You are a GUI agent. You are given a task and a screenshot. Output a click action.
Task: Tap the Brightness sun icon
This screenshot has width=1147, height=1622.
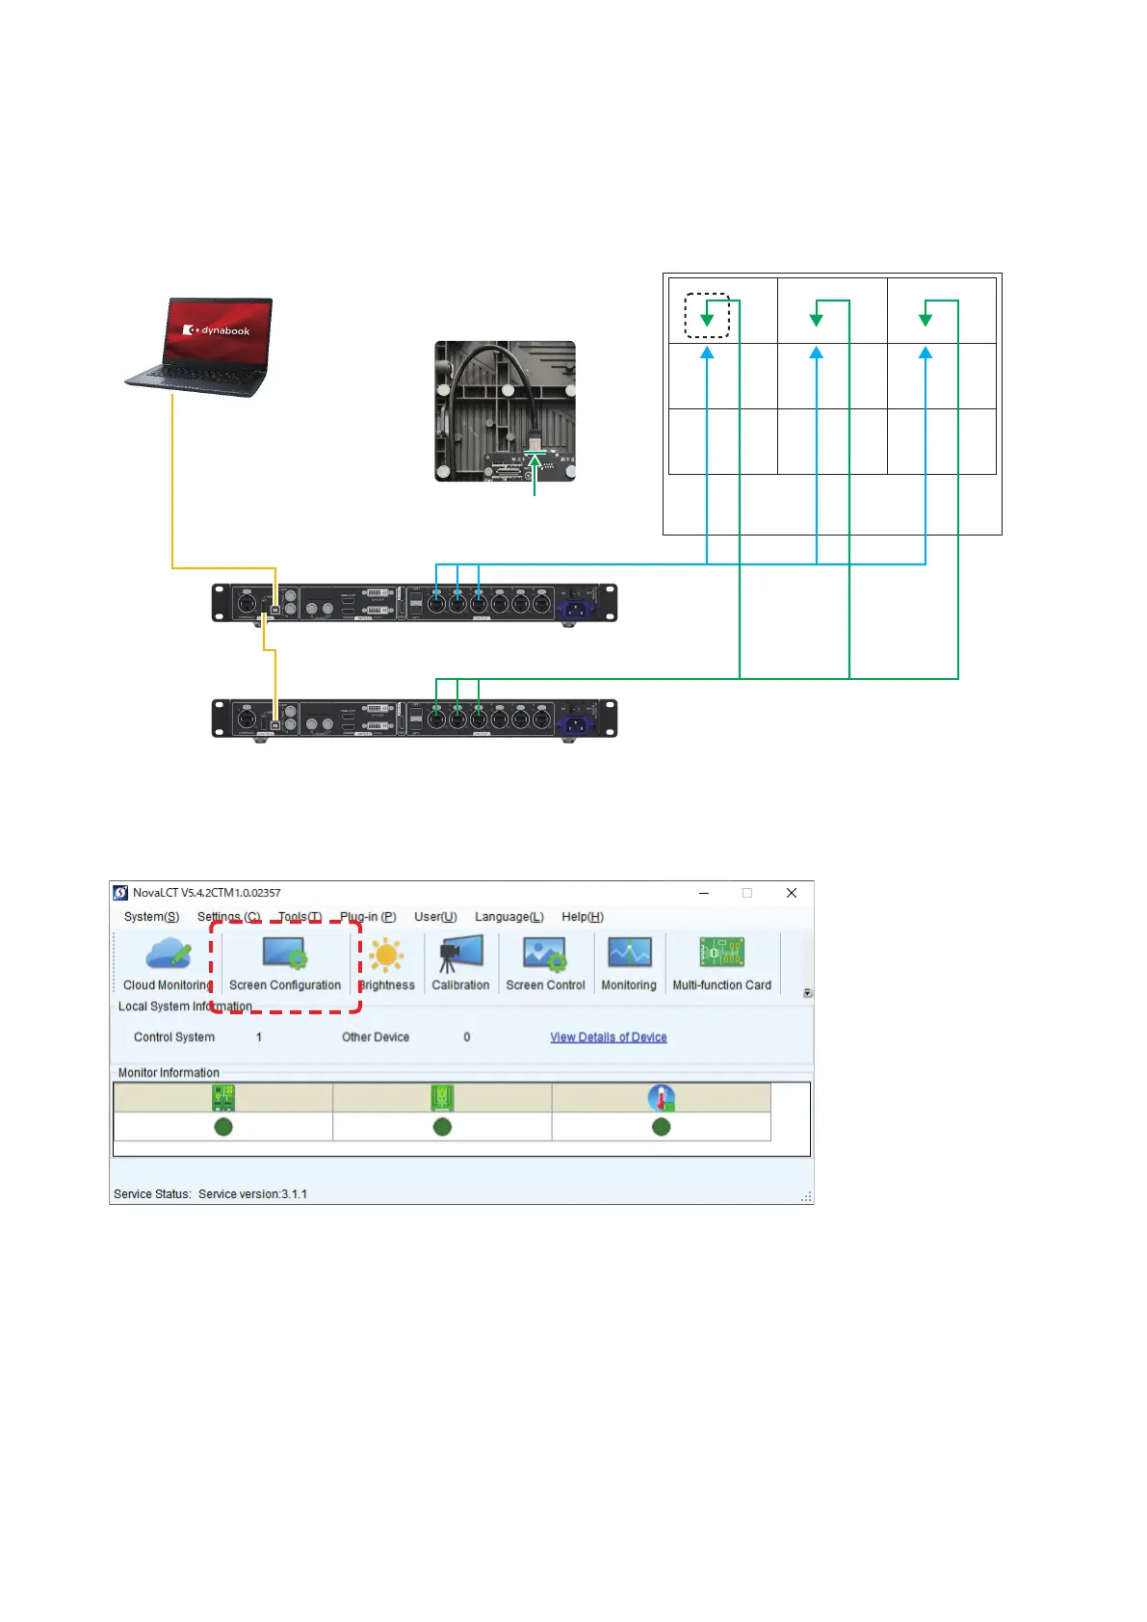386,955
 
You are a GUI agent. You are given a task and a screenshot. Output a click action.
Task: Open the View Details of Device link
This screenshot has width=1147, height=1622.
608,1037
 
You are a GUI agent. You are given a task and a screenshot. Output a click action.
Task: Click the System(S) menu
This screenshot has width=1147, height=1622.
151,917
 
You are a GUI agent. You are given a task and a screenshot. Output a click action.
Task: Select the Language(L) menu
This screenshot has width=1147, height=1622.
508,917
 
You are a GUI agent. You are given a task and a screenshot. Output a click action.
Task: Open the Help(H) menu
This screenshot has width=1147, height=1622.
582,917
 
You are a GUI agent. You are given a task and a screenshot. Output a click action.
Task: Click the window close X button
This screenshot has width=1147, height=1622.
792,893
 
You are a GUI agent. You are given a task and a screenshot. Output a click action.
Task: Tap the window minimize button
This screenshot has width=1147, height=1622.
704,893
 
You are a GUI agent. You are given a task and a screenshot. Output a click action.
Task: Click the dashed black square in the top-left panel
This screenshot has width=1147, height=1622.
707,316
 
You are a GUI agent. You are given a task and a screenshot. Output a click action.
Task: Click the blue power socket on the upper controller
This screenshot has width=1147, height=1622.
575,609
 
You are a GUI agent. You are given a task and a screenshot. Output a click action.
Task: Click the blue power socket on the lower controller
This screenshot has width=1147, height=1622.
575,724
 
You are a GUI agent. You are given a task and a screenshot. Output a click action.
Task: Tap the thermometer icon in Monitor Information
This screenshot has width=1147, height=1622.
661,1098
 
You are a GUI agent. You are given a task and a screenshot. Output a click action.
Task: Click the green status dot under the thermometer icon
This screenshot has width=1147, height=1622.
661,1127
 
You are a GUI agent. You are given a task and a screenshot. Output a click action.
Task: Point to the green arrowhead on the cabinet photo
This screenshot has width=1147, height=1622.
534,462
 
